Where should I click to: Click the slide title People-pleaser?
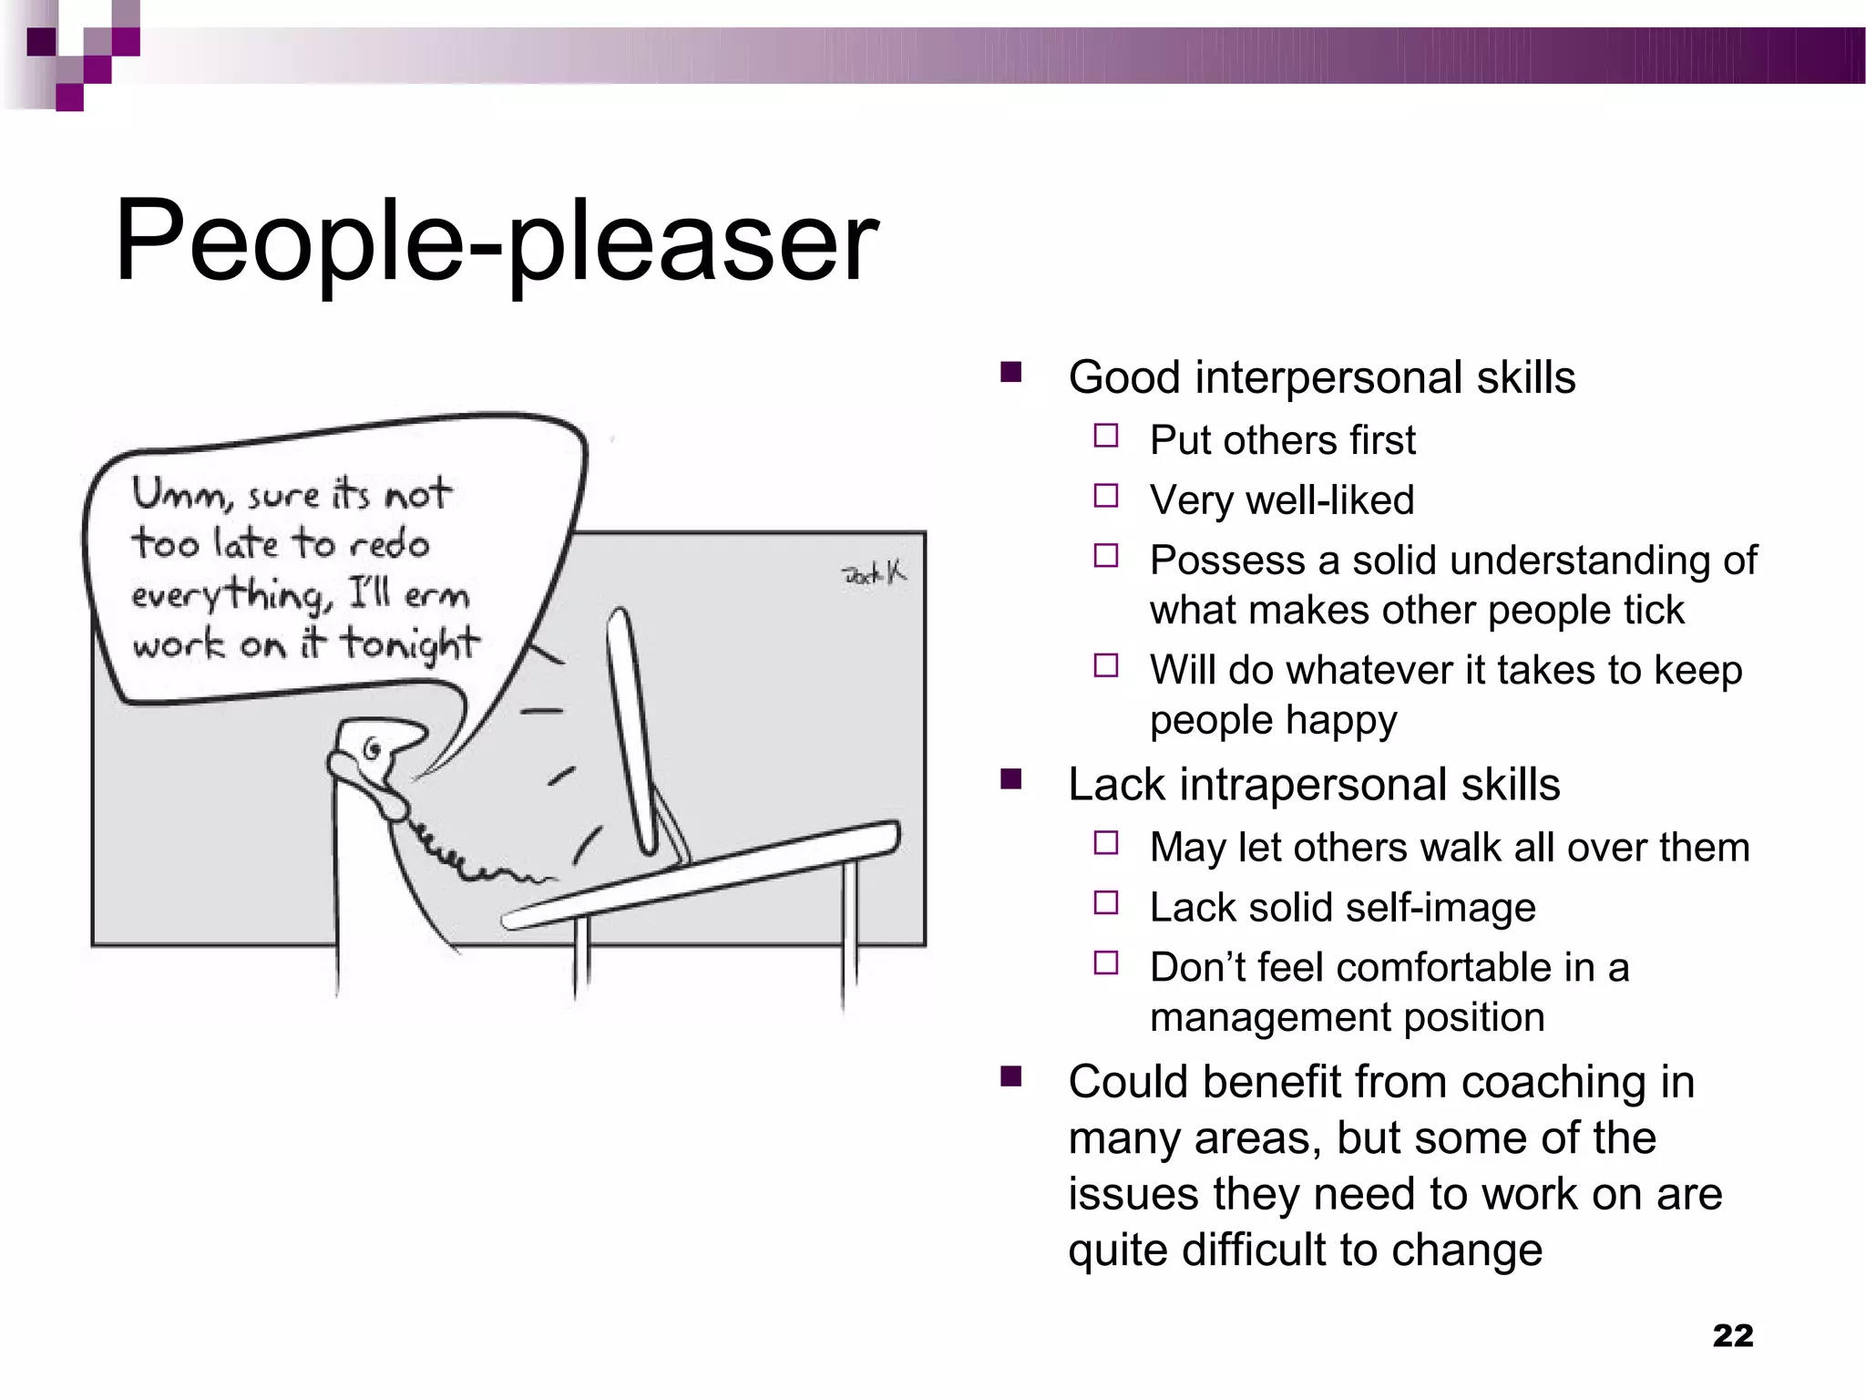tap(497, 242)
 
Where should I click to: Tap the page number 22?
tap(1732, 1335)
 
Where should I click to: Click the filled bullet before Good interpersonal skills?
tap(1010, 372)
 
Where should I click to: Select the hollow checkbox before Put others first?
tap(1106, 436)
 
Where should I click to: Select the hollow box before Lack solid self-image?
tap(1106, 903)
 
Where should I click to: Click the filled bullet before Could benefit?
tap(1010, 1077)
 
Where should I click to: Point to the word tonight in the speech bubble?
tap(409, 645)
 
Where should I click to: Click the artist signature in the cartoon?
tap(873, 573)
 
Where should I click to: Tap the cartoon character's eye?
tap(372, 750)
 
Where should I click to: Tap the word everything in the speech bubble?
tap(226, 595)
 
